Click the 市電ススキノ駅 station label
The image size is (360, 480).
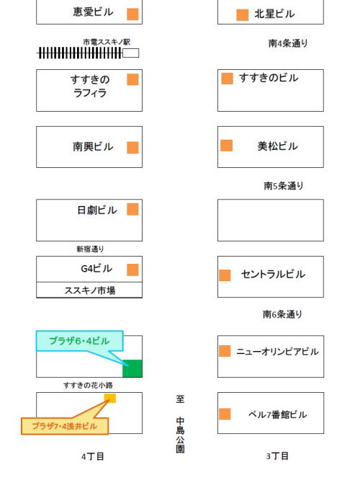pos(107,42)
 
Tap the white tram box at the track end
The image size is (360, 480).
pos(130,53)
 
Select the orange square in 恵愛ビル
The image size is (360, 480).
pos(132,14)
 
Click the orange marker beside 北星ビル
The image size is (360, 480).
pos(242,15)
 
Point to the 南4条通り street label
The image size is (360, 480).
pos(288,43)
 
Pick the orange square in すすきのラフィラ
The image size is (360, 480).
pos(132,79)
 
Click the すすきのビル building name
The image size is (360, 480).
pos(269,78)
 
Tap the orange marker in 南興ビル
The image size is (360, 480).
pos(132,148)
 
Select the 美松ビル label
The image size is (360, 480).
pos(277,146)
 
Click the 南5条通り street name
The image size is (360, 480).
pos(284,185)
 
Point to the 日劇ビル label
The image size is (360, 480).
pos(97,210)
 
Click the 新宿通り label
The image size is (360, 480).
pos(90,249)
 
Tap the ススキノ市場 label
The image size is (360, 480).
pos(90,290)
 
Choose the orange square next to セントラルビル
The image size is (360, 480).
pos(225,275)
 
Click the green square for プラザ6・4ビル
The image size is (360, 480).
pos(132,368)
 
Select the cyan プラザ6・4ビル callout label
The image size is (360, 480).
pos(79,341)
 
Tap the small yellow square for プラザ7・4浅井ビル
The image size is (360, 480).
pos(110,399)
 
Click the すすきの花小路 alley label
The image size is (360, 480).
pos(88,385)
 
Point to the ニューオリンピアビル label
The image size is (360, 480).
pos(277,352)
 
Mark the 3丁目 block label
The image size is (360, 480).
pos(277,456)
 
